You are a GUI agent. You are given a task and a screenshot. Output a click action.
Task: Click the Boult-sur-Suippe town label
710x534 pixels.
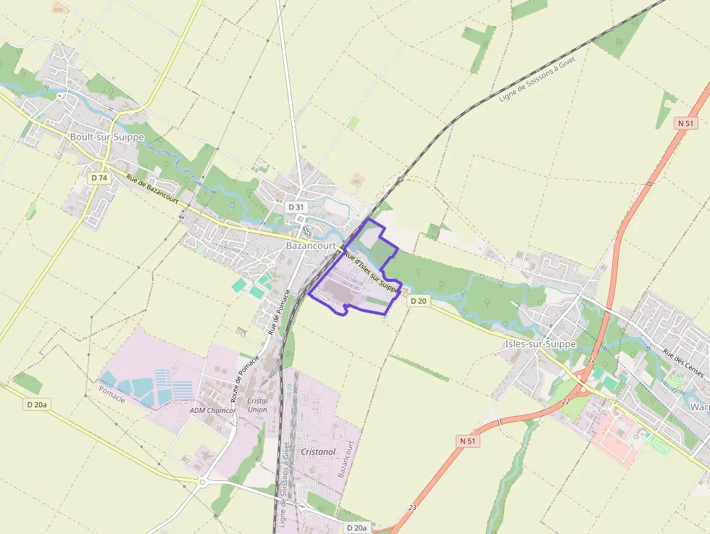106,136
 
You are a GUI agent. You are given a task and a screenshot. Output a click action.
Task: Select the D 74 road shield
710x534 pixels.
99,178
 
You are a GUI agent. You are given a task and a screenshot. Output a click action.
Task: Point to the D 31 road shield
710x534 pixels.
296,207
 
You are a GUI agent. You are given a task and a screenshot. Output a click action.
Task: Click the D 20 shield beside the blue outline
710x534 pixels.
418,301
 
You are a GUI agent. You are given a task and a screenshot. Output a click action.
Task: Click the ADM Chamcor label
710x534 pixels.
212,410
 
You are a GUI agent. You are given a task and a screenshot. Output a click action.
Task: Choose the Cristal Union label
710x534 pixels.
257,405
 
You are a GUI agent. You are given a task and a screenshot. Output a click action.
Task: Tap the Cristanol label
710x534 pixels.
318,451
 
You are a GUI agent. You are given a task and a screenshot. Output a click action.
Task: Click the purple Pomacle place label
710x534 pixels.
112,394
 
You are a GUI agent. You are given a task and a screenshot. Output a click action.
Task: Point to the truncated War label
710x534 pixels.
699,407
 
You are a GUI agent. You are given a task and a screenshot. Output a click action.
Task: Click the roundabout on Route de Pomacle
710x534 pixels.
203,480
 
